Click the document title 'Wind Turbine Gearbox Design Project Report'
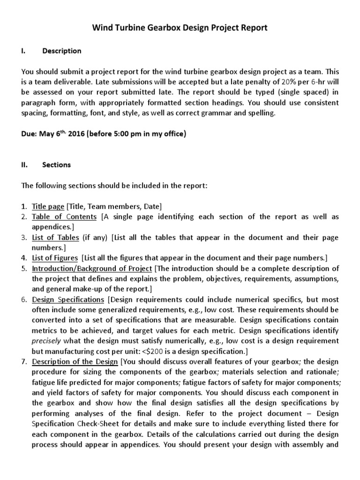[x=180, y=28]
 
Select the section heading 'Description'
[x=61, y=51]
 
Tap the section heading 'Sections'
[x=56, y=165]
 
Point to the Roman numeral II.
[x=25, y=165]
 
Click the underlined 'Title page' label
[x=48, y=206]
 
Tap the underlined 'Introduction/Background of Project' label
[x=92, y=268]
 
